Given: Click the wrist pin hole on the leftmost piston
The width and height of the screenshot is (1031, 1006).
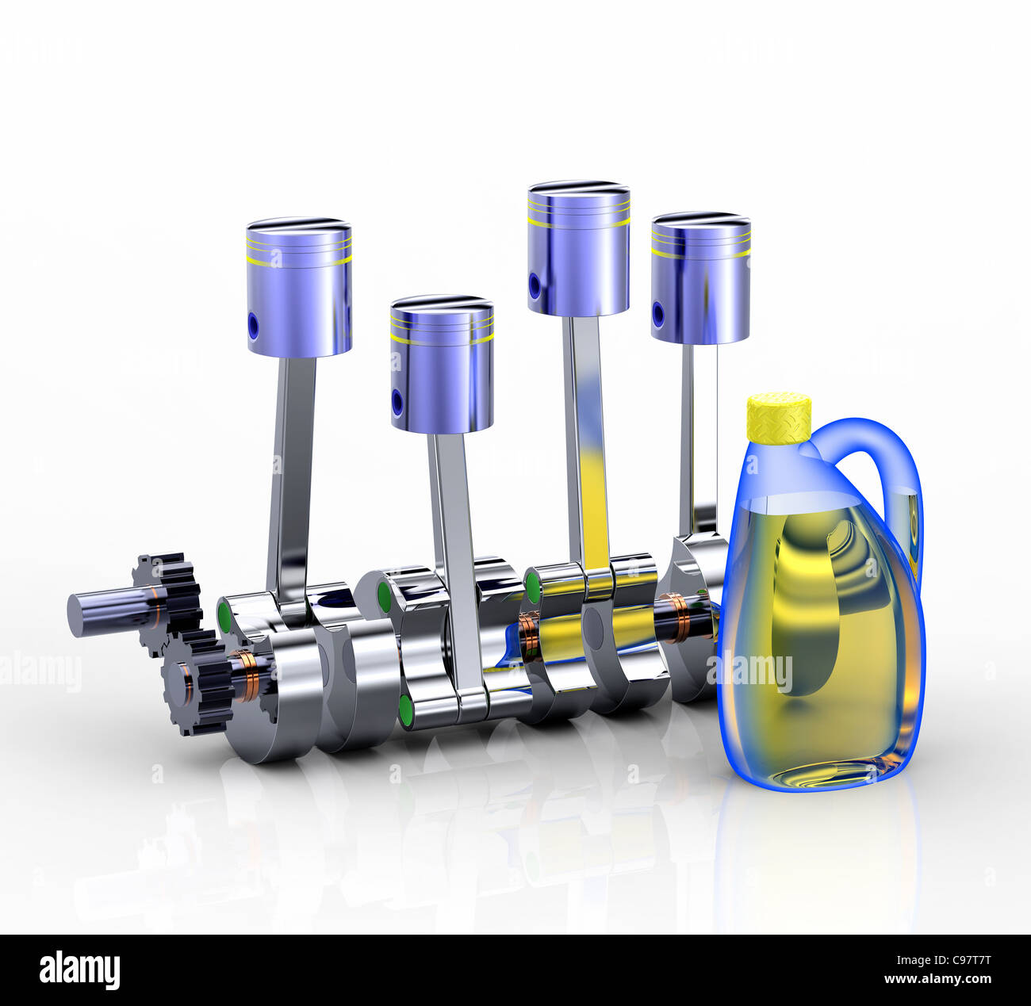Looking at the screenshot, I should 253,325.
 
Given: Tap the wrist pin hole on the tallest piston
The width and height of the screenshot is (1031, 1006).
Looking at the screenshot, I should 535,285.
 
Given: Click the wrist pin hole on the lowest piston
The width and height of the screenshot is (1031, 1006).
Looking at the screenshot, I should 397,403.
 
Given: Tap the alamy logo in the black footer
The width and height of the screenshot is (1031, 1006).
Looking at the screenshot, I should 79,970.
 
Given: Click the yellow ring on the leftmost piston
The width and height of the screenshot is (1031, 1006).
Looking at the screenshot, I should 299,259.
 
